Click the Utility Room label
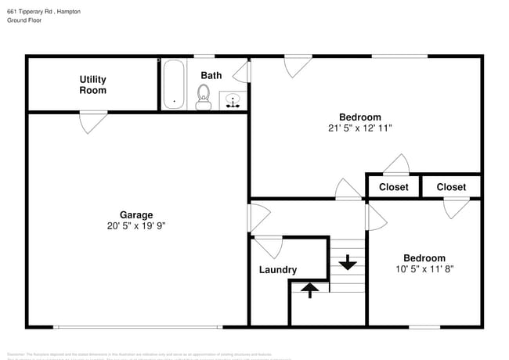click(92, 85)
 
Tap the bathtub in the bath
click(173, 84)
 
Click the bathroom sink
click(233, 100)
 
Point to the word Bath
click(211, 75)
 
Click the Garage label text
click(136, 214)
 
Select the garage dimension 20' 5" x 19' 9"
click(136, 225)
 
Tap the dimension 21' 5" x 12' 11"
click(359, 128)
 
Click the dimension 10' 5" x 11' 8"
click(424, 268)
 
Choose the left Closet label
click(393, 187)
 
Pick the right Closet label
click(451, 187)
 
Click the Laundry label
click(277, 270)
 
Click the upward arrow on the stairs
click(310, 290)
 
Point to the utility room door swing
click(92, 121)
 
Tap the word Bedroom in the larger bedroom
click(359, 117)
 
